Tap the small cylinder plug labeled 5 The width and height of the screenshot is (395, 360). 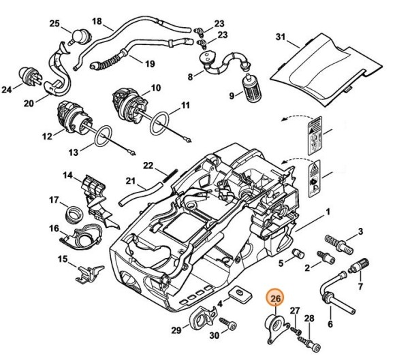(x=297, y=254)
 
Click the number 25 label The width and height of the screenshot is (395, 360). (x=54, y=24)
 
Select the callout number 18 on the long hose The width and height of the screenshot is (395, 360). (x=97, y=22)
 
